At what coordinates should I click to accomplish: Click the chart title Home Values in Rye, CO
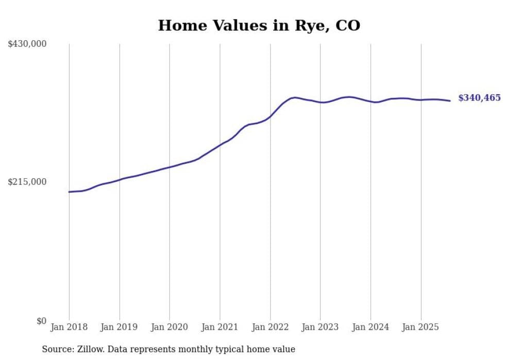pyautogui.click(x=259, y=25)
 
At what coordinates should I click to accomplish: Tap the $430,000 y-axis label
pyautogui.click(x=27, y=44)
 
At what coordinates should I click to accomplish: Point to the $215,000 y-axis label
pyautogui.click(x=27, y=182)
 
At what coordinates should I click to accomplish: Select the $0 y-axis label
pyautogui.click(x=41, y=321)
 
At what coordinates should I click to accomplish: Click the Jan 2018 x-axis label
pyautogui.click(x=69, y=327)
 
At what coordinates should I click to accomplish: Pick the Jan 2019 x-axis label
pyautogui.click(x=120, y=327)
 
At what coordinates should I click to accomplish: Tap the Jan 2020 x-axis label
pyautogui.click(x=170, y=327)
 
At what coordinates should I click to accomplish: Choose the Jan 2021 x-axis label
pyautogui.click(x=220, y=327)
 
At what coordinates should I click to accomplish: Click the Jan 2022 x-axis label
pyautogui.click(x=270, y=327)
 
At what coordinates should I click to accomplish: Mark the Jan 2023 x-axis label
pyautogui.click(x=321, y=327)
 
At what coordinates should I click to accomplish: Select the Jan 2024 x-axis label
pyautogui.click(x=371, y=327)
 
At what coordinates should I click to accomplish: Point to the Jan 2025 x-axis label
pyautogui.click(x=421, y=327)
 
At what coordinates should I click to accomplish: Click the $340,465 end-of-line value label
pyautogui.click(x=479, y=98)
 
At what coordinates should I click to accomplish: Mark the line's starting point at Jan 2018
pyautogui.click(x=69, y=192)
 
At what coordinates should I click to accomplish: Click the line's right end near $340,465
pyautogui.click(x=450, y=100)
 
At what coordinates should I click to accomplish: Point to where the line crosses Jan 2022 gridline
pyautogui.click(x=270, y=117)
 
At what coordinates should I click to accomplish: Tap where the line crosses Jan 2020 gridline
pyautogui.click(x=170, y=167)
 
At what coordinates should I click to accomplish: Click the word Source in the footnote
pyautogui.click(x=57, y=349)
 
